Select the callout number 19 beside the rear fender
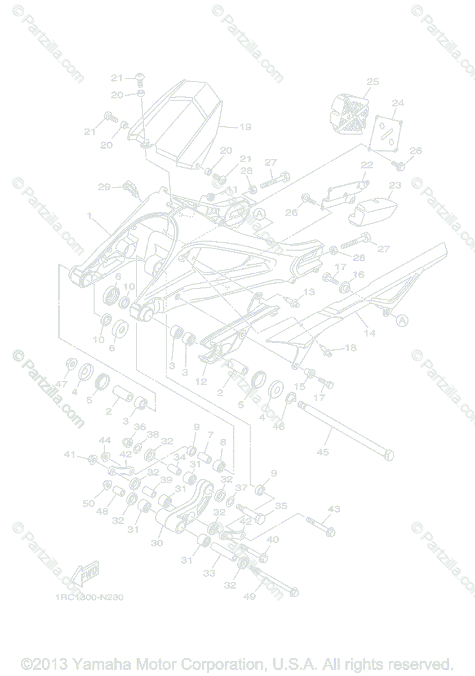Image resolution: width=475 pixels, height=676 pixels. coord(245,127)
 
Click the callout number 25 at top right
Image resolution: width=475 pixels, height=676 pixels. coord(372,82)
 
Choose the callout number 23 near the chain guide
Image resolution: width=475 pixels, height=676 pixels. coord(395,185)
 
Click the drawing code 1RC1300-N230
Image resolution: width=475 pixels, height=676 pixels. coord(89,597)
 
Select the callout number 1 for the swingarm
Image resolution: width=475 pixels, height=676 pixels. coord(89,216)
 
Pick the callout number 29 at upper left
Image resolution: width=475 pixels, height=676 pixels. coord(104,187)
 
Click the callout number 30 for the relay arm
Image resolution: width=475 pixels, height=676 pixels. coord(157,542)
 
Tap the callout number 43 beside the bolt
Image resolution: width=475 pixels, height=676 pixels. coord(334,509)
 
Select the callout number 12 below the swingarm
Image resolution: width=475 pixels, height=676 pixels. coord(201,381)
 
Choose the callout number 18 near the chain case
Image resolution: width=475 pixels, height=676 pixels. coord(350,348)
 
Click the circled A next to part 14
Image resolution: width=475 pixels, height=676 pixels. coord(401,321)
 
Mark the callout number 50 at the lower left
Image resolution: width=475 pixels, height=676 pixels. coord(88,503)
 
